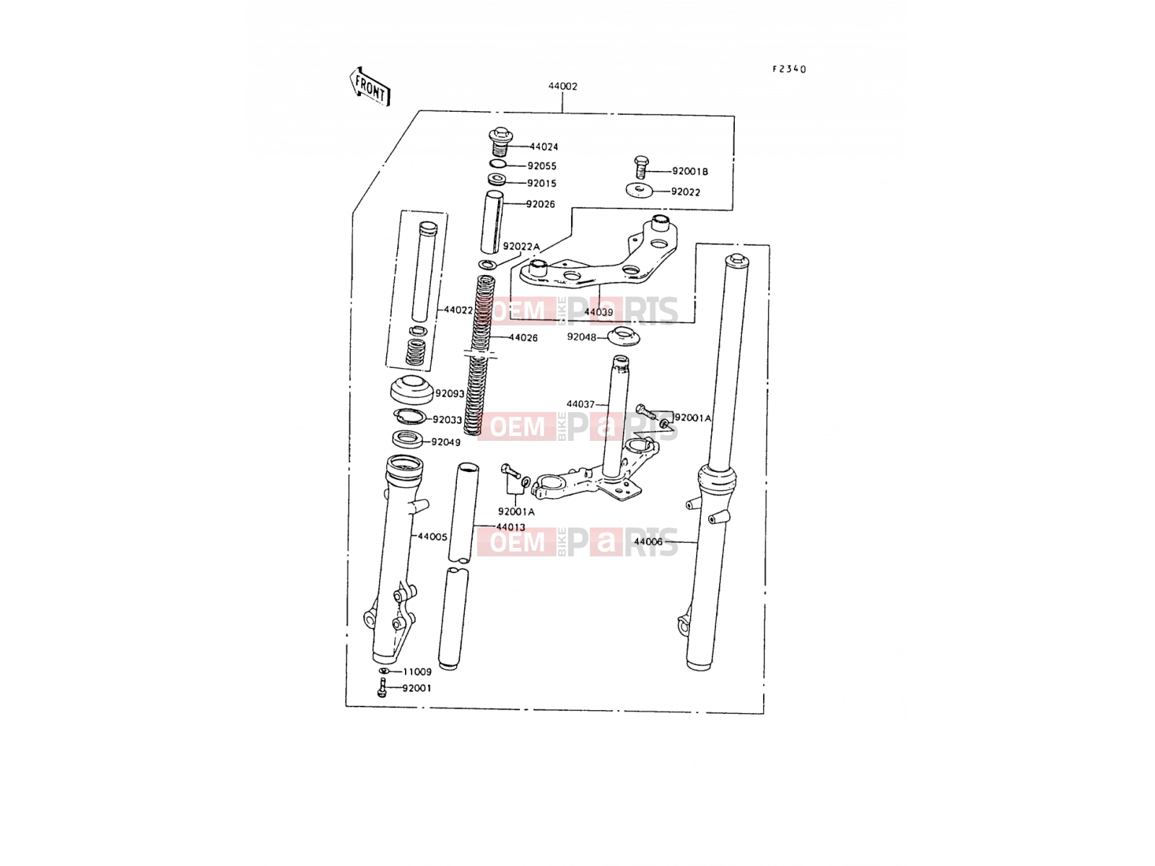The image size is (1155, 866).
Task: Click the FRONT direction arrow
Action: tap(370, 87)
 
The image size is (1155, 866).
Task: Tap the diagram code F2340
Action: tap(789, 69)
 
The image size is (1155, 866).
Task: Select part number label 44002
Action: tap(562, 86)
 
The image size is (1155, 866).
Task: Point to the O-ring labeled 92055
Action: tap(498, 164)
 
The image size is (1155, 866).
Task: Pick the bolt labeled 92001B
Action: tap(641, 167)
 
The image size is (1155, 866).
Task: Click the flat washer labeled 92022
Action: tap(640, 190)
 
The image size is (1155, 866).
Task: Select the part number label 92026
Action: tap(541, 204)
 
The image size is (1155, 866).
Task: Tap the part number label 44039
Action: tap(599, 312)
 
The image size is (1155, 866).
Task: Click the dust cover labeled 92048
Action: tap(624, 336)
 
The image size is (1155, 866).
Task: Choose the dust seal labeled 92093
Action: tap(411, 390)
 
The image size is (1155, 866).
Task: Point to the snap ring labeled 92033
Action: tap(409, 416)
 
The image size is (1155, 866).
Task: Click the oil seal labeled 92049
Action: tap(407, 439)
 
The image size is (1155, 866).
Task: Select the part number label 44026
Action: tap(523, 338)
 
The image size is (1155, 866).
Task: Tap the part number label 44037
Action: tap(580, 404)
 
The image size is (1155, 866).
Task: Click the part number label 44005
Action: tap(432, 537)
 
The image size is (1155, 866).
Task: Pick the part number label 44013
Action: tap(510, 527)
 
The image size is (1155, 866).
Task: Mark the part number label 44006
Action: tap(648, 541)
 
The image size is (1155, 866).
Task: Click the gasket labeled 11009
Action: tap(384, 671)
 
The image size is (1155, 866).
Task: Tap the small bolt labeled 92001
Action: tap(383, 687)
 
